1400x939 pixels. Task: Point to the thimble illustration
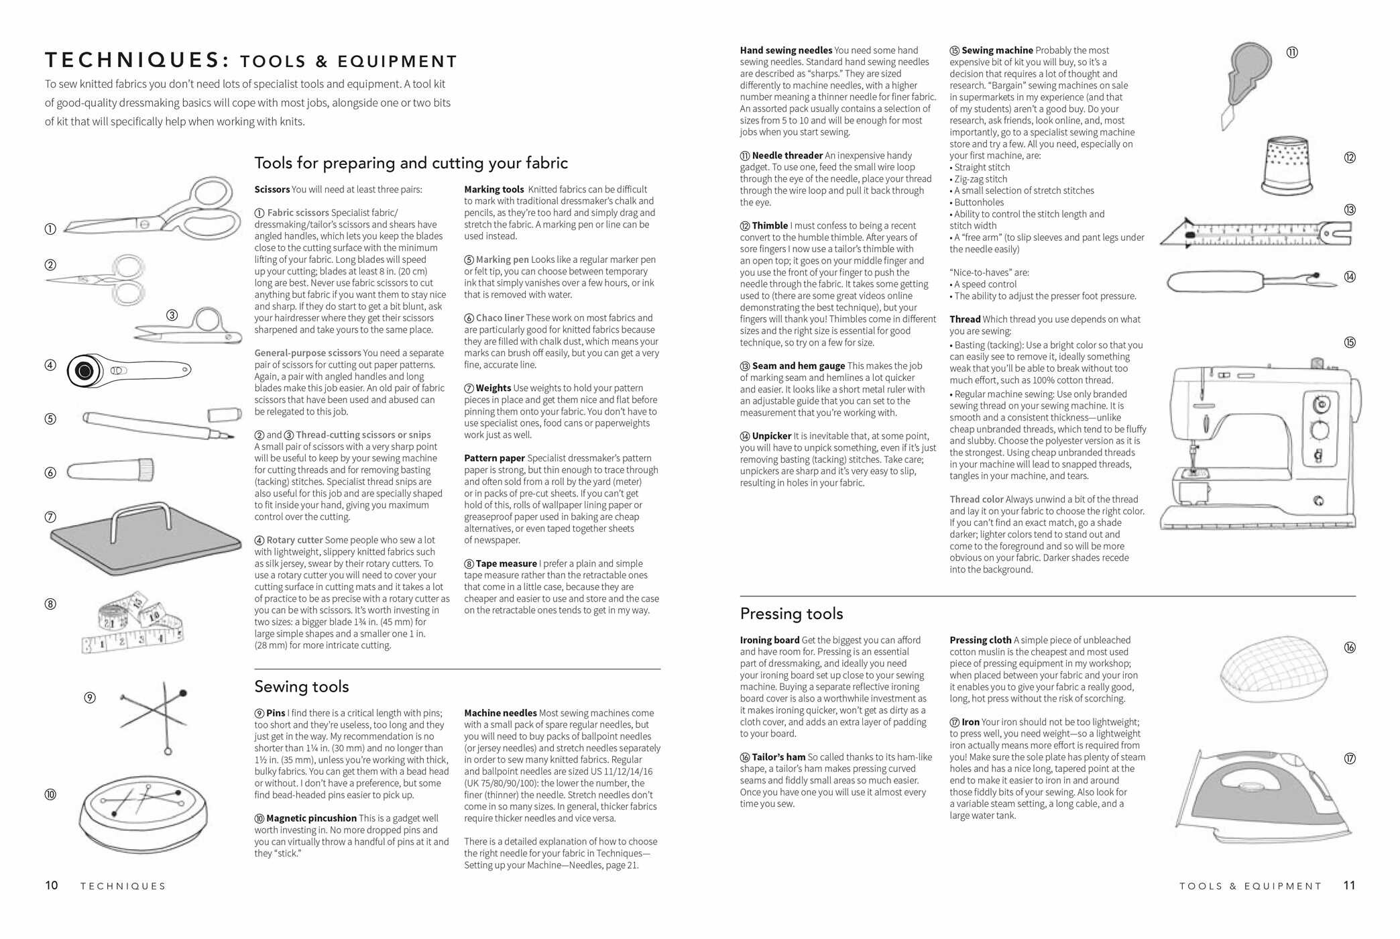coord(1287,165)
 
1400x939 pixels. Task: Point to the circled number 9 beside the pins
coord(90,698)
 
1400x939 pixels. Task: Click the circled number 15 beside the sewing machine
coord(1349,343)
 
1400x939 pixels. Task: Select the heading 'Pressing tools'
coord(791,614)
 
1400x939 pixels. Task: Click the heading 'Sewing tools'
coord(302,687)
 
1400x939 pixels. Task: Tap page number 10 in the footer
coord(52,885)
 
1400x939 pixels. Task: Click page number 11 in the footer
coord(1349,885)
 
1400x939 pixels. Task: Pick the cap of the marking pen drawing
coord(224,415)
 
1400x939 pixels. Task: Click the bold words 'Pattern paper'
coord(494,459)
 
